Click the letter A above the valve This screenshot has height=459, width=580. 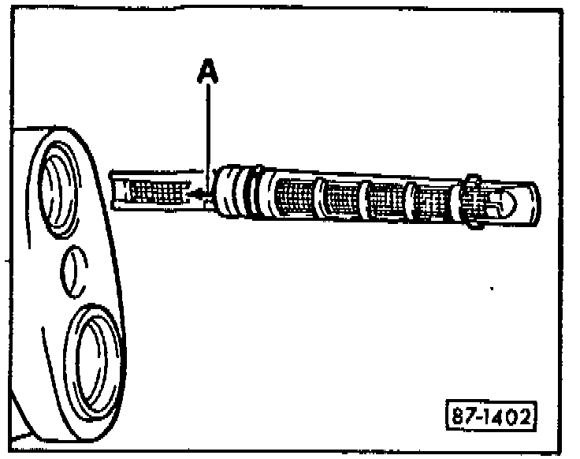207,73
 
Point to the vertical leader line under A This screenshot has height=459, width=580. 207,134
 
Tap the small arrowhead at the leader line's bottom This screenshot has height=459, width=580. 199,192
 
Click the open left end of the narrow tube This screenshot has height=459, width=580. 115,191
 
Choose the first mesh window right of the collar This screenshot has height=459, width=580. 296,197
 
